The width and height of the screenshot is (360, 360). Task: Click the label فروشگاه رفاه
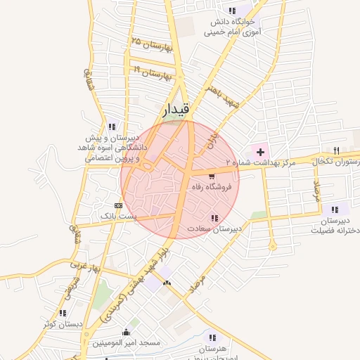point(212,188)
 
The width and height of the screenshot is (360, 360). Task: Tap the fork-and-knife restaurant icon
point(337,151)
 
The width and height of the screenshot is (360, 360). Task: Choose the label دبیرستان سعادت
point(214,229)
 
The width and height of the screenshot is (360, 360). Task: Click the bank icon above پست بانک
point(117,206)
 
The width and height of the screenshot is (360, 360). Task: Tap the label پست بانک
point(118,217)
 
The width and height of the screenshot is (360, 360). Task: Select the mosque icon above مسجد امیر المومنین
point(127,331)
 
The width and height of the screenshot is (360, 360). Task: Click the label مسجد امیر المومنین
point(127,342)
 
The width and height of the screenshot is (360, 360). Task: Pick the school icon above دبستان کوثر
point(63,313)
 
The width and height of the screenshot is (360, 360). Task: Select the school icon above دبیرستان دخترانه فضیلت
point(335,209)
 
